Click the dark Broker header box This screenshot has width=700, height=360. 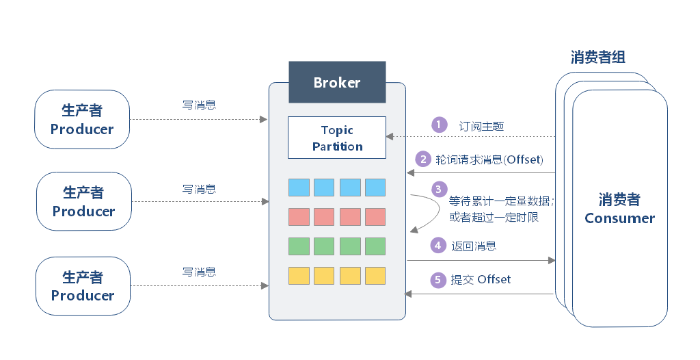pos(336,83)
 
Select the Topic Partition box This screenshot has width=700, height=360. pos(337,138)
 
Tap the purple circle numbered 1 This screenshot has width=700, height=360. pos(438,125)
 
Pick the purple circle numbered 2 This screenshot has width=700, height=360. pos(424,159)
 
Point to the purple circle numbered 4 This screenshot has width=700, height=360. pos(437,245)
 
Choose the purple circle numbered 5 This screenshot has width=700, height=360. pos(437,279)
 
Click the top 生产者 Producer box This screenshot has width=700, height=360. pos(82,120)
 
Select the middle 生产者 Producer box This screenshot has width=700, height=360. pos(83,202)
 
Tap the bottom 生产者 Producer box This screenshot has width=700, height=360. pos(82,286)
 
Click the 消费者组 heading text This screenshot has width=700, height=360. pos(598,57)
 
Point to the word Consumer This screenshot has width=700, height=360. pos(619,218)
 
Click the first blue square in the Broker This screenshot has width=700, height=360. pos(299,188)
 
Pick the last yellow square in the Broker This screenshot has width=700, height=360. pos(375,276)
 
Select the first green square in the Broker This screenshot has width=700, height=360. pos(299,246)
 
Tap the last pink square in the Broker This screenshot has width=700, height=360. pos(375,217)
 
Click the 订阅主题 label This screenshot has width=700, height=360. pos(482,126)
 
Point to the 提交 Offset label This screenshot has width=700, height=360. pos(481,279)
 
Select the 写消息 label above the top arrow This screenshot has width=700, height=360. pos(200,105)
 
